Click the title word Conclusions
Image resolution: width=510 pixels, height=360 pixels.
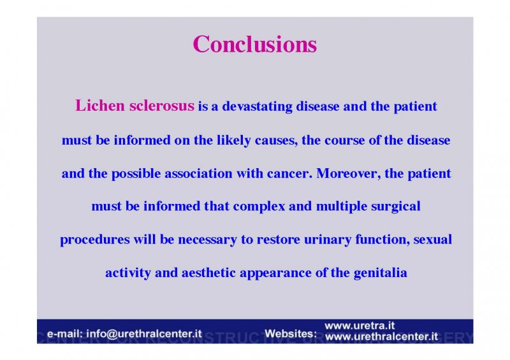(254, 44)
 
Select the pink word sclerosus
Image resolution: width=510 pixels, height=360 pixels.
(162, 105)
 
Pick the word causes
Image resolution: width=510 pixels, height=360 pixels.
(276, 141)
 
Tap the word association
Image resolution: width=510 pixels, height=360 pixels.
(198, 173)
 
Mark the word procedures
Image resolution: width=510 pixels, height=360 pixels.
(95, 240)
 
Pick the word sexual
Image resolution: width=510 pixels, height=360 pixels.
(433, 240)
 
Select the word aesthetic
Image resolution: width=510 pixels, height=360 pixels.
(208, 273)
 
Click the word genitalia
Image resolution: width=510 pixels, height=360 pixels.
(380, 273)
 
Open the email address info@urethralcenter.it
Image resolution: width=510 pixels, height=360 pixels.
(144, 334)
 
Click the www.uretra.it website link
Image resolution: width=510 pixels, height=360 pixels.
(360, 326)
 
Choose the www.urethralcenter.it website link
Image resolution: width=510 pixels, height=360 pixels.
(381, 336)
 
